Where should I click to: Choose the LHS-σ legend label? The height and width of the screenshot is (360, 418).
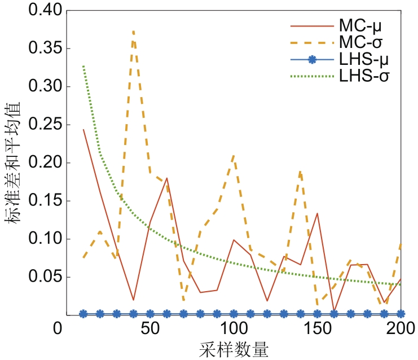click(362, 74)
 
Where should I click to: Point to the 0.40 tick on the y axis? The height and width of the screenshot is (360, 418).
click(33, 11)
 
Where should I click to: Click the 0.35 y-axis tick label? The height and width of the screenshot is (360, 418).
click(33, 49)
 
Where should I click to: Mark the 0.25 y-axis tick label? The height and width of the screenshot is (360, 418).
click(33, 125)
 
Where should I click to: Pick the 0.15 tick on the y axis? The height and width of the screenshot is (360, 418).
click(33, 201)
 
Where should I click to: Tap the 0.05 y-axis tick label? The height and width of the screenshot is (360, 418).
click(33, 277)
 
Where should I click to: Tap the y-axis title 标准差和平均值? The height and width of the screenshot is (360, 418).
click(14, 164)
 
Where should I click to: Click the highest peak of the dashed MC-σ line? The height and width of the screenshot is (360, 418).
click(133, 32)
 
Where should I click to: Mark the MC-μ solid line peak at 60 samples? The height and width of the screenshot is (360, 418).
click(167, 178)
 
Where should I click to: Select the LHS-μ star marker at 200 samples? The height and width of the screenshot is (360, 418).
click(401, 313)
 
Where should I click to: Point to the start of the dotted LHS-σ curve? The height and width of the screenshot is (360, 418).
click(83, 66)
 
